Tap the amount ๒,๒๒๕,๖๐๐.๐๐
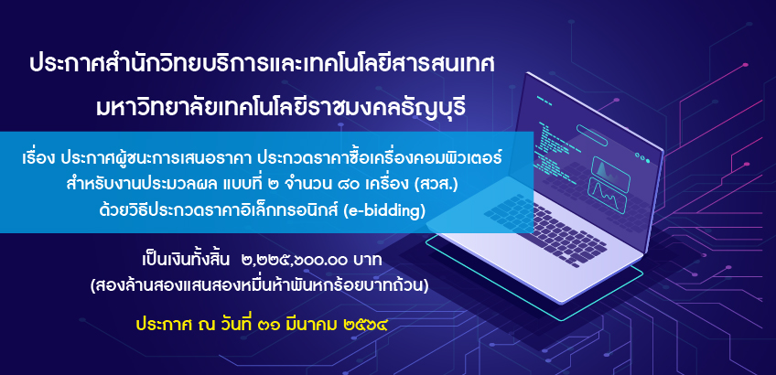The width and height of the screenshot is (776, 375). tap(296, 259)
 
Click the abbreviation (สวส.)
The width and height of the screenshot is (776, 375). tap(439, 186)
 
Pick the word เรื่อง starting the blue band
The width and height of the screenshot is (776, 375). tap(38, 159)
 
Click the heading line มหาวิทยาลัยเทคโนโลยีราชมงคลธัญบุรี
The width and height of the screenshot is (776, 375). tap(281, 108)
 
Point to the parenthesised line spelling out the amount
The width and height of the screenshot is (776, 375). tap(259, 286)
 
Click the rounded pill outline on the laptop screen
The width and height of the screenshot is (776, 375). tap(591, 135)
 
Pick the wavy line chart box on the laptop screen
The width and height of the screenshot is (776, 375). tap(607, 195)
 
